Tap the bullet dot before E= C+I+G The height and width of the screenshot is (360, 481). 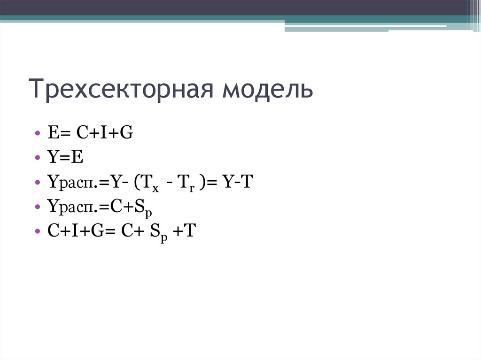(37, 134)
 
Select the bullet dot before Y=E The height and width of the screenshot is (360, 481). (37, 158)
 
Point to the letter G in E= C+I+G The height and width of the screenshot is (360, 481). (126, 133)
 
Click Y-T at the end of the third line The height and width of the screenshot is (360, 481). (238, 182)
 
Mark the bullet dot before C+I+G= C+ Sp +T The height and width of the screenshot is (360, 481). (37, 232)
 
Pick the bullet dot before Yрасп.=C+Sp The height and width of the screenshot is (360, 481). (37, 207)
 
